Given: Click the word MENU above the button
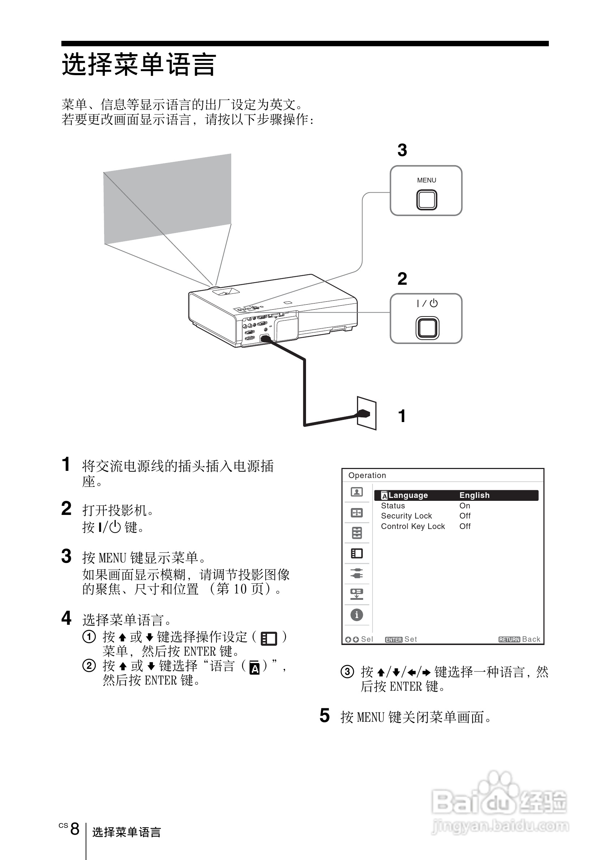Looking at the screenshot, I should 426,180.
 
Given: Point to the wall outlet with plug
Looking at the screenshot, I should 366,413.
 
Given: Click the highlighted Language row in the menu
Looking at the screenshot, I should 456,495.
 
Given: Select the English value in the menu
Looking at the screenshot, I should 474,495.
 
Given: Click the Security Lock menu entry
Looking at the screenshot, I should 406,516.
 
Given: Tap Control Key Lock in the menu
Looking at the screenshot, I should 413,526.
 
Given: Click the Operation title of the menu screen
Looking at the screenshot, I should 367,475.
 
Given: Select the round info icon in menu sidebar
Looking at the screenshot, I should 357,615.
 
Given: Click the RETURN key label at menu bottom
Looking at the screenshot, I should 509,639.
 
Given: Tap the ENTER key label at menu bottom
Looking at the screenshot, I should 393,640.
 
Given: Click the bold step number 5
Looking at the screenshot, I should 324,715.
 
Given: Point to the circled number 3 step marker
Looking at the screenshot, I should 347,672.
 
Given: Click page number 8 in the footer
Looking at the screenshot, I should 75,829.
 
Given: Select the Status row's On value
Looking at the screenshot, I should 464,506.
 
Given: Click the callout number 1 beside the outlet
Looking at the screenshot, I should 402,416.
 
